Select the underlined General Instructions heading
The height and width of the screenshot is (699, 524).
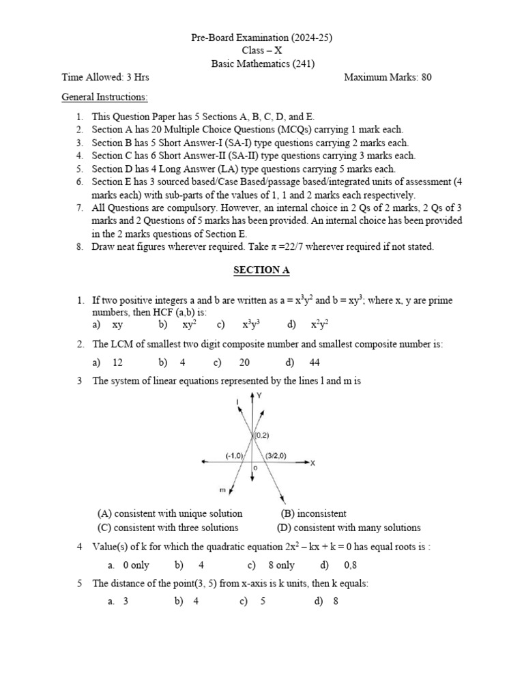coord(104,97)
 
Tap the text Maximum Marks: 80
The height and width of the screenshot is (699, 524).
coord(388,77)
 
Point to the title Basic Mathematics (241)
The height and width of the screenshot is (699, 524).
coord(262,63)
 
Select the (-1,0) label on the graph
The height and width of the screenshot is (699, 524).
coord(234,455)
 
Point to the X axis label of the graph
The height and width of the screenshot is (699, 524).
coord(313,463)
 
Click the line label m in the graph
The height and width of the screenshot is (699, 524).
coord(222,489)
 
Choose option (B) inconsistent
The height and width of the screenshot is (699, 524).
coord(313,513)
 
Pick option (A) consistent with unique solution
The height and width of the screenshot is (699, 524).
coord(170,513)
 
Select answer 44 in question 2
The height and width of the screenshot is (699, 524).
coord(314,362)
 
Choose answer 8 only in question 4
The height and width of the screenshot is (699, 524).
coord(280,565)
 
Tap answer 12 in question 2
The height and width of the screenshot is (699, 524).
coord(117,362)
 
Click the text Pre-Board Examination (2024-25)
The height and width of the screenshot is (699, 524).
coord(262,37)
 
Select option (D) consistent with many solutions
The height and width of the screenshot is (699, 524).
coord(349,528)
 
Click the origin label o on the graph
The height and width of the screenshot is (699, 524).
coord(254,468)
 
